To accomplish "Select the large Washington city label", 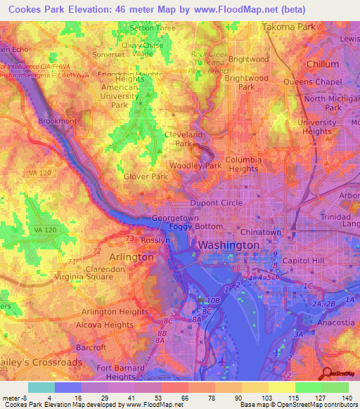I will pyautogui.click(x=229, y=245).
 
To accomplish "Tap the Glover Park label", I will pyautogui.click(x=146, y=176).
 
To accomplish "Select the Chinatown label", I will pyautogui.click(x=260, y=232).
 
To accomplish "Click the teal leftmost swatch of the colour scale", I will pyautogui.click(x=41, y=387).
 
